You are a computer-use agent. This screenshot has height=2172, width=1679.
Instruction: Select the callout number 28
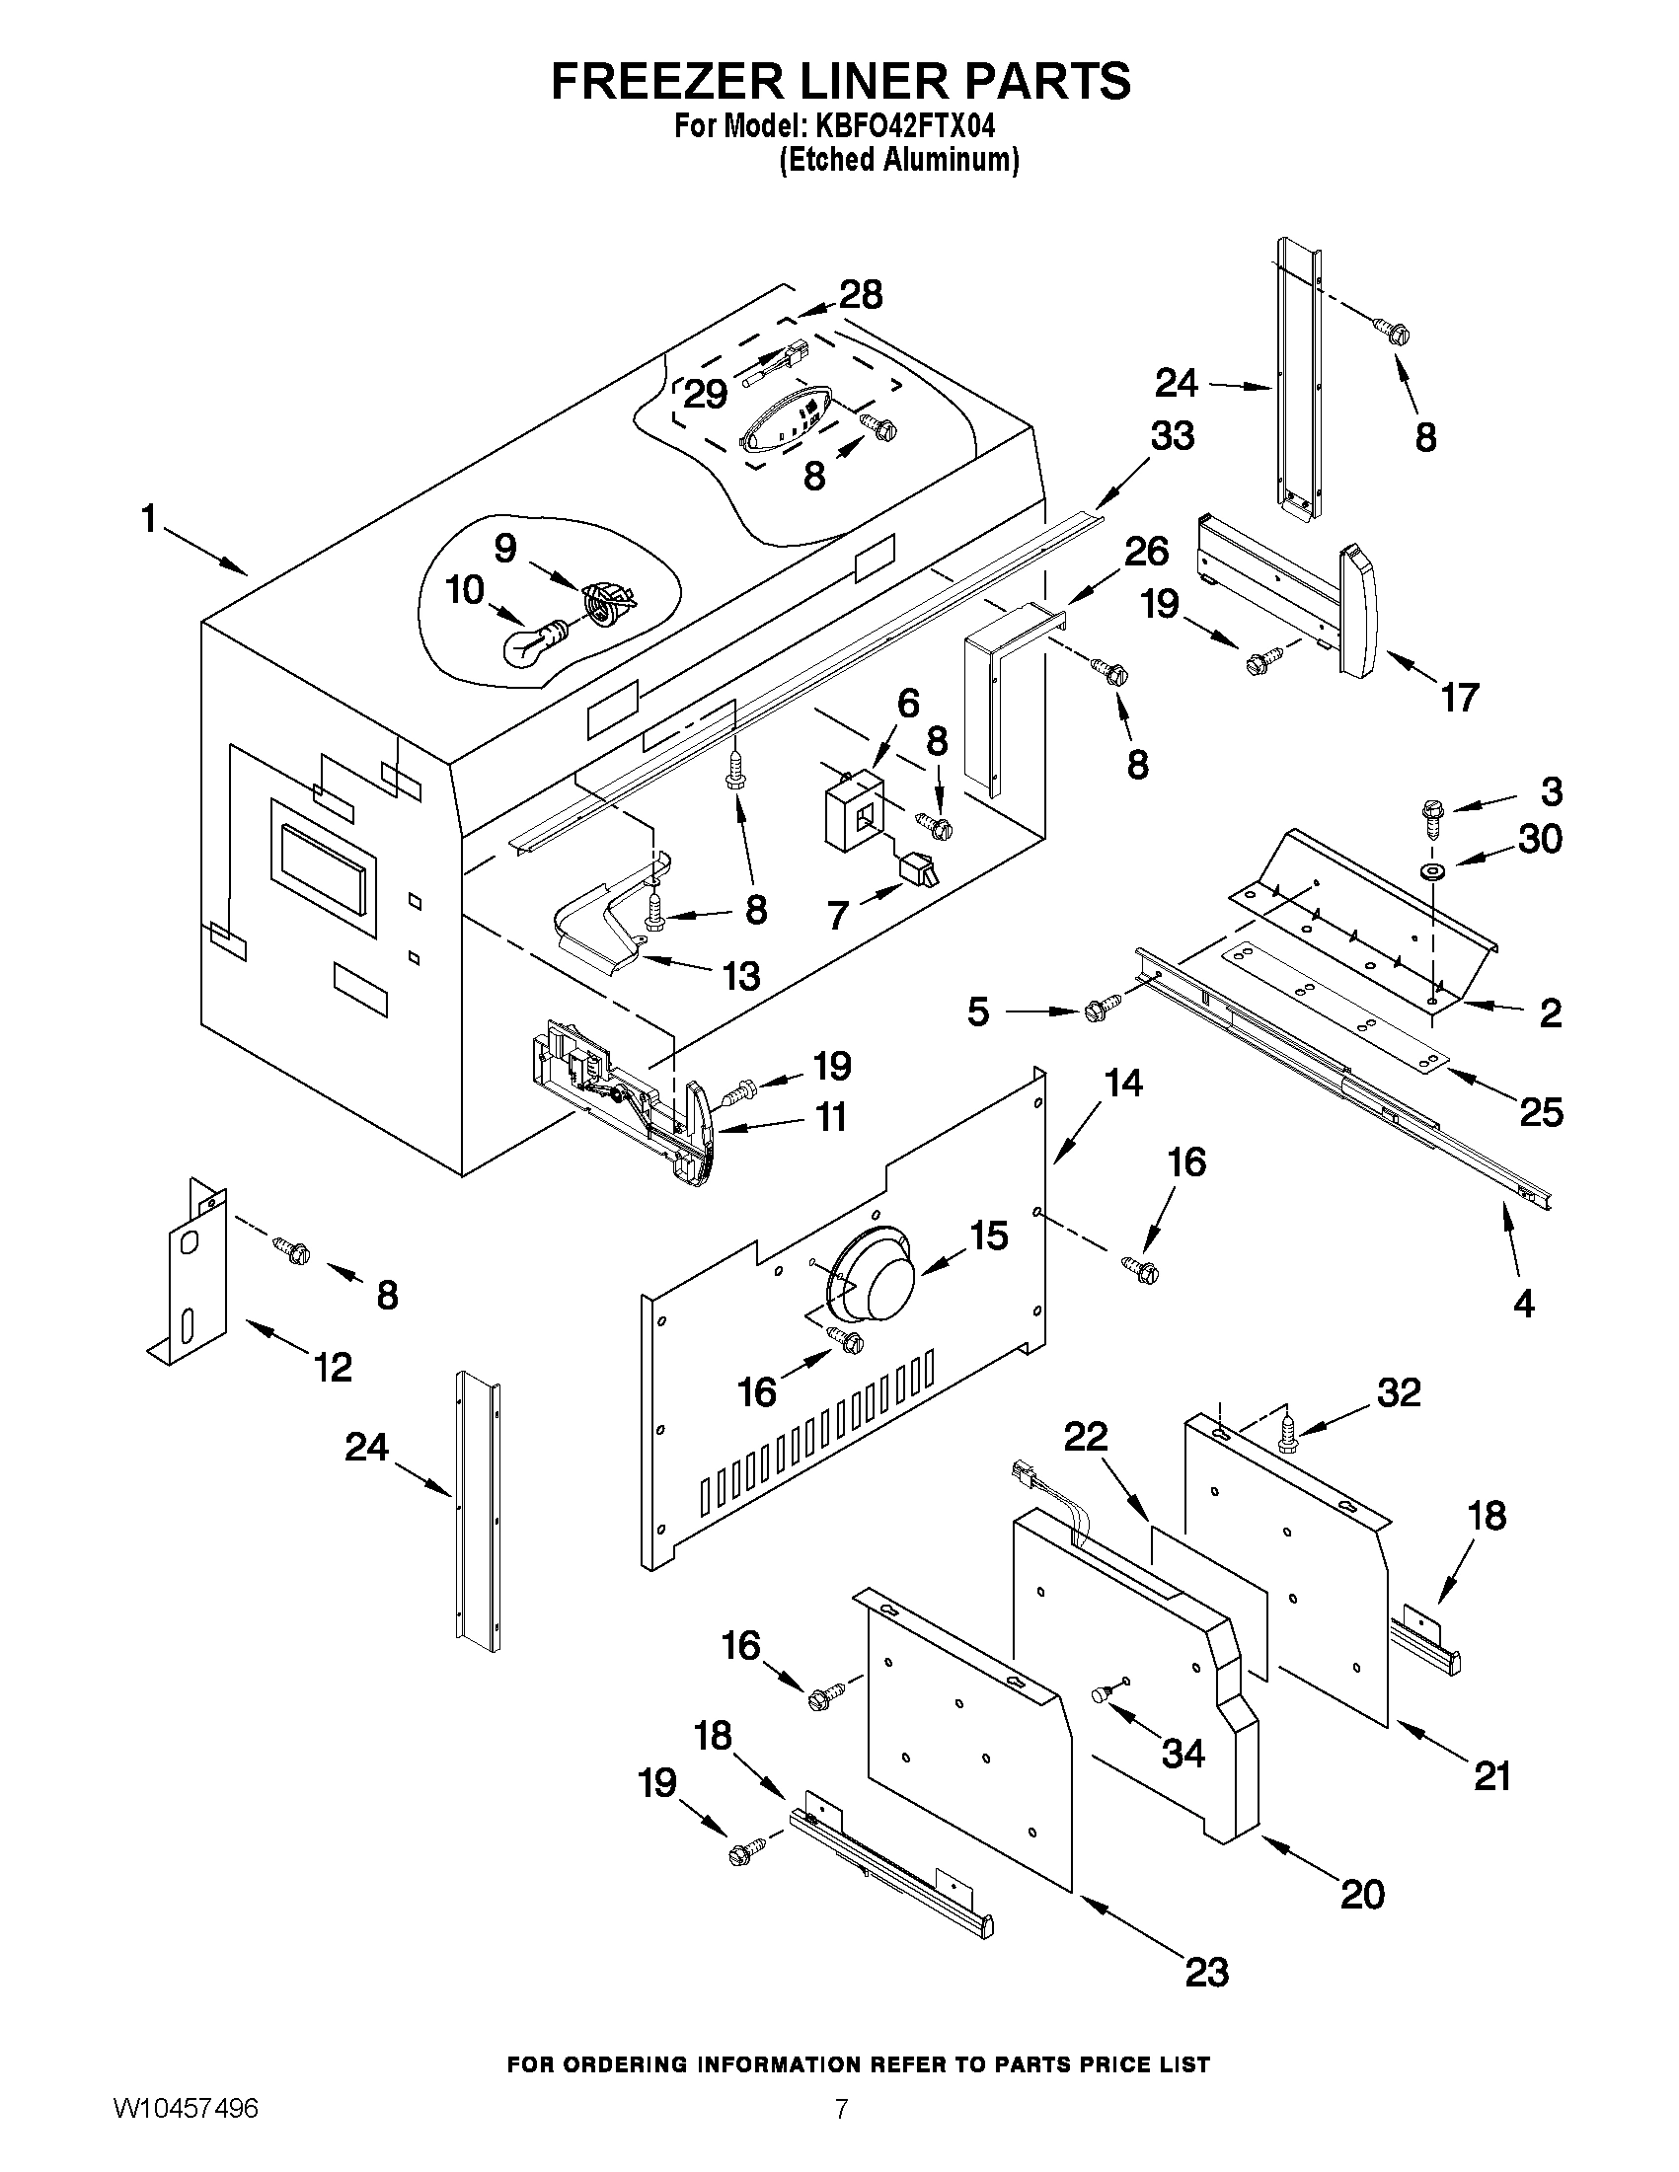click(861, 295)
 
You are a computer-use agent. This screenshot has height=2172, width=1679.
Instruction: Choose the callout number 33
click(1172, 435)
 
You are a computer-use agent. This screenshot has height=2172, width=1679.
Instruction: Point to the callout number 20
click(1362, 1895)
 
